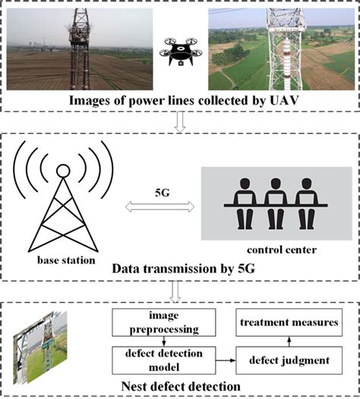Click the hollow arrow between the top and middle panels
click(180, 124)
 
